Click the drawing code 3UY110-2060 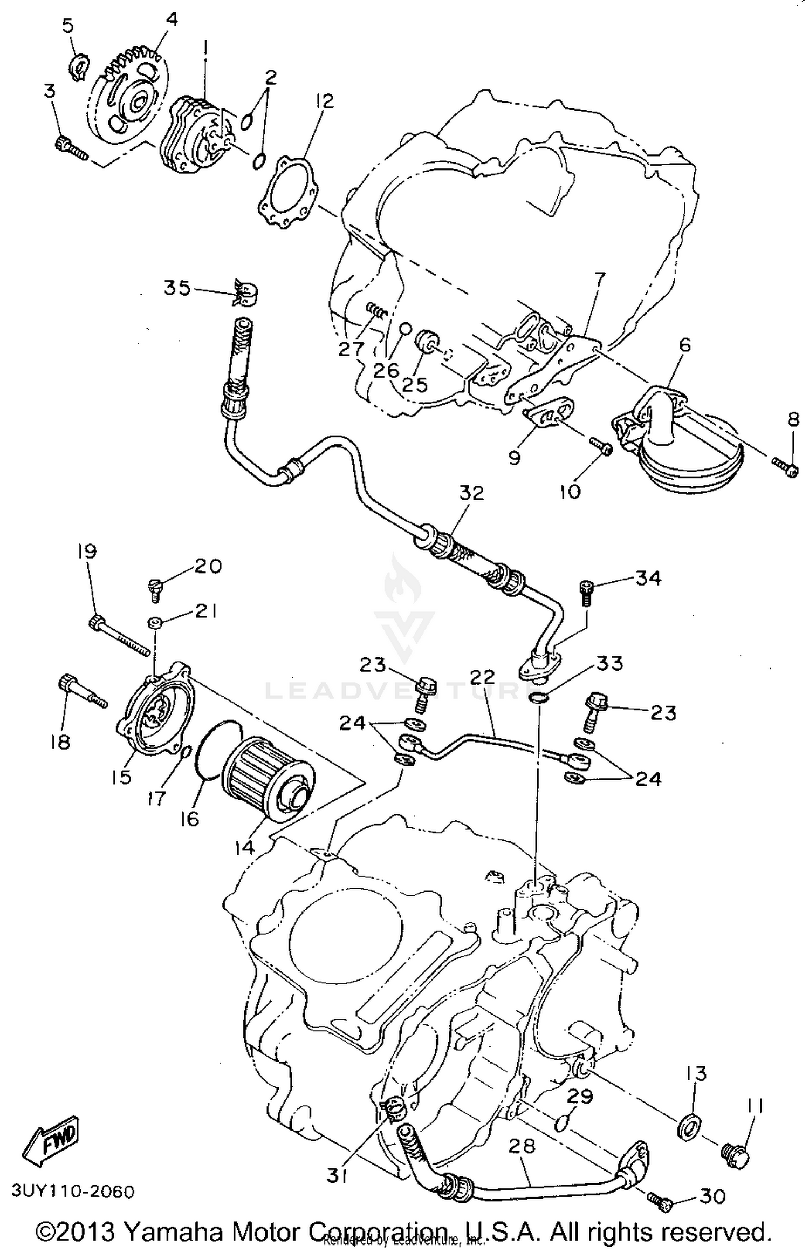(x=73, y=1190)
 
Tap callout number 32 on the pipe (x=471, y=493)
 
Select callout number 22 (x=482, y=677)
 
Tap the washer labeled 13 (x=689, y=1128)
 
